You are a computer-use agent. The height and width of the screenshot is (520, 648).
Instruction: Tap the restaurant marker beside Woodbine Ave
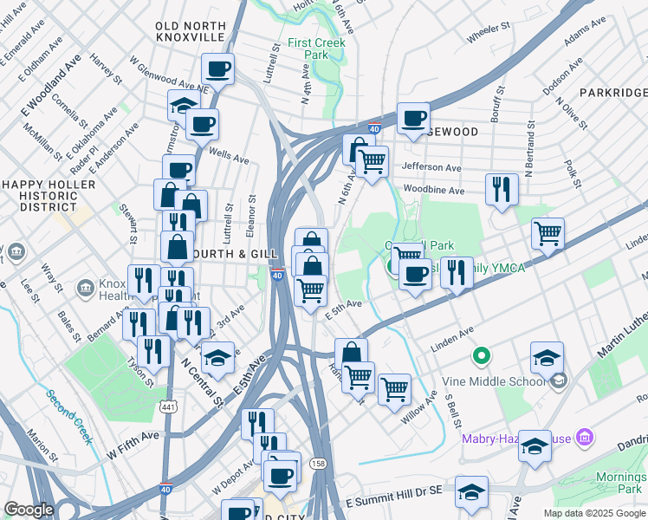click(502, 189)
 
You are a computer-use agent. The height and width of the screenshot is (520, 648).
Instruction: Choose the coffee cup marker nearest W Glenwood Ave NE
click(217, 68)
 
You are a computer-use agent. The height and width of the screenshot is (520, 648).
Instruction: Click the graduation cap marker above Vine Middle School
click(547, 356)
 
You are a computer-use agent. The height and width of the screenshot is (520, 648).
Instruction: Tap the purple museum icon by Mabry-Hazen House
click(584, 439)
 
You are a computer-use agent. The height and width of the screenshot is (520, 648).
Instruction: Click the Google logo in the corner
click(29, 510)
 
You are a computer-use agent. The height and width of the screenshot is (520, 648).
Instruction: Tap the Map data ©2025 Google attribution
click(593, 513)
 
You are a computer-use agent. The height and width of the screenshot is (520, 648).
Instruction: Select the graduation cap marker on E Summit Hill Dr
click(472, 492)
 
